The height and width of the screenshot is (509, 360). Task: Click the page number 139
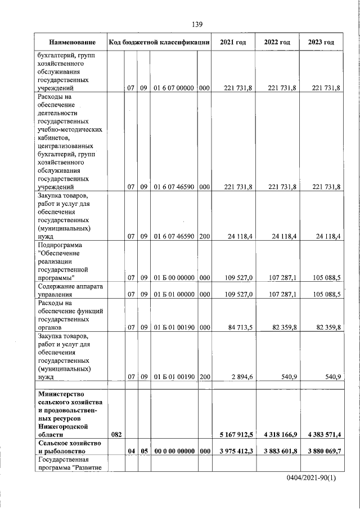tap(196, 24)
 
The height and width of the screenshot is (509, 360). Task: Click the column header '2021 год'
tap(233, 42)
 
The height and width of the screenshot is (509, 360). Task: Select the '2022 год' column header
tap(277, 42)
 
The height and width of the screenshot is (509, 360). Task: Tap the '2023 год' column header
tap(321, 42)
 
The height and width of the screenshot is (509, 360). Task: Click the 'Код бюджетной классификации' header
tap(160, 42)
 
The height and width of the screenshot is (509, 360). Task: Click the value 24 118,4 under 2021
tap(238, 237)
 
